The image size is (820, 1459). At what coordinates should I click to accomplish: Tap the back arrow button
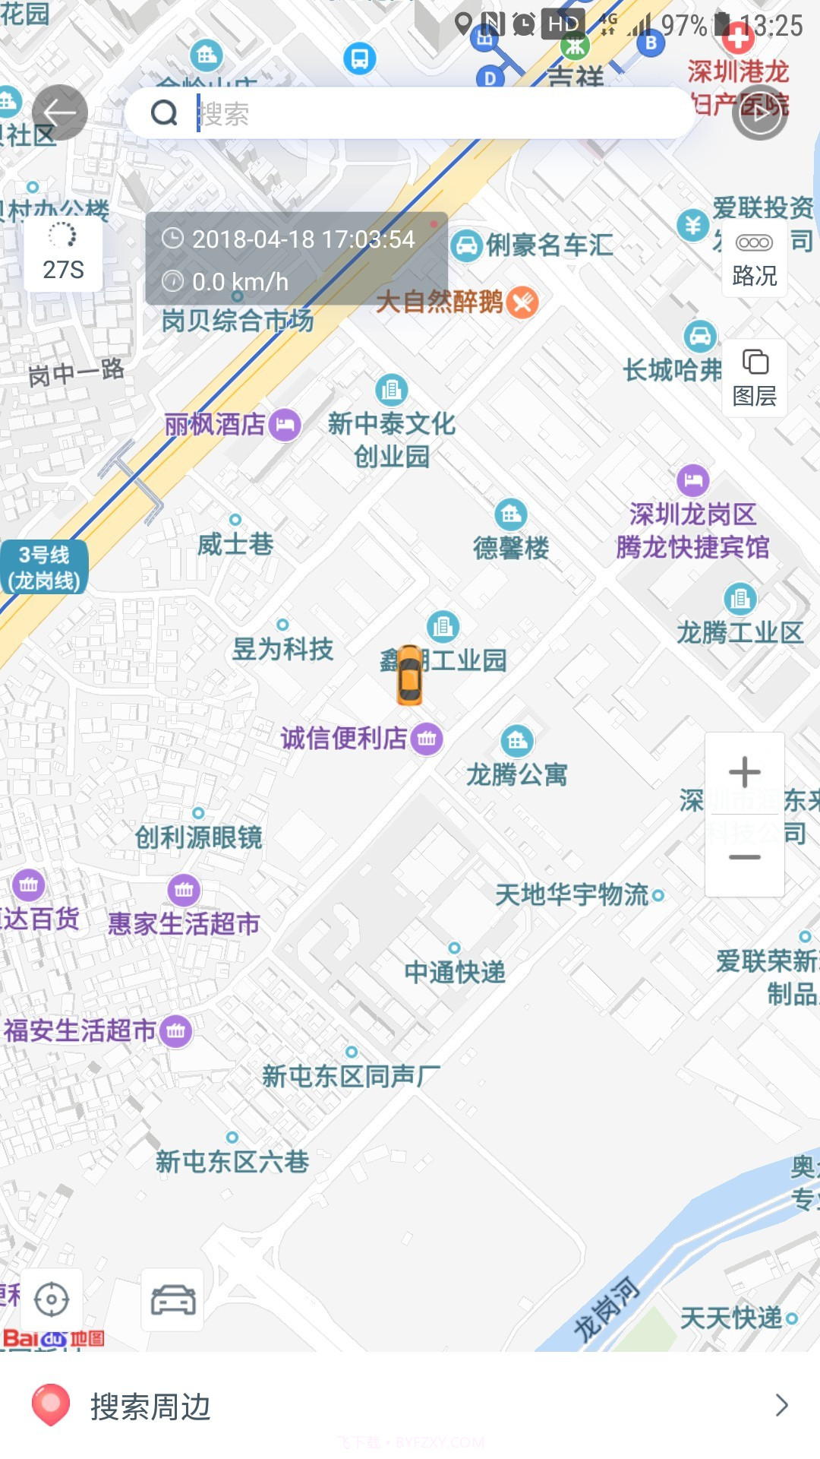point(59,112)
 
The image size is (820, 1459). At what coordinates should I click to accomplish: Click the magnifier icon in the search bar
point(164,113)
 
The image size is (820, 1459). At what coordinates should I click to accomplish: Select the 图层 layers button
point(754,378)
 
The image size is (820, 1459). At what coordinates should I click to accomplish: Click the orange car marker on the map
point(409,675)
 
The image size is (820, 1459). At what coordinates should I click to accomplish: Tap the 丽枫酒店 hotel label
point(216,424)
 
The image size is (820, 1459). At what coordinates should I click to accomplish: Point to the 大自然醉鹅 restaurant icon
point(522,302)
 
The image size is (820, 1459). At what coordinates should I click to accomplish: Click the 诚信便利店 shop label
point(344,738)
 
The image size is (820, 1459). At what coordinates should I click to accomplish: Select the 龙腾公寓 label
point(517,774)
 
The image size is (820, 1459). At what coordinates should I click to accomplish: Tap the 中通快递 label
point(455,972)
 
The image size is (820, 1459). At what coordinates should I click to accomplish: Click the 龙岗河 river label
point(606,1309)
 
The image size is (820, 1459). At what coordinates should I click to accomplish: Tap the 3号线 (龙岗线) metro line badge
point(44,568)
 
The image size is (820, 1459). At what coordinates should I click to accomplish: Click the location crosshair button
point(52,1299)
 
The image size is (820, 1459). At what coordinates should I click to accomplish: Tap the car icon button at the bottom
point(173,1299)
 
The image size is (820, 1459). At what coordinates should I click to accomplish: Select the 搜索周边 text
point(150,1407)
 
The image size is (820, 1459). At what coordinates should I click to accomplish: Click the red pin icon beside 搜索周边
point(51,1404)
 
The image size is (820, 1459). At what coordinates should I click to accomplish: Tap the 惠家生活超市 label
point(184,923)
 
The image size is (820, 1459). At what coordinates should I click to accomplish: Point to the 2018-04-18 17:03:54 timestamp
point(303,239)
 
